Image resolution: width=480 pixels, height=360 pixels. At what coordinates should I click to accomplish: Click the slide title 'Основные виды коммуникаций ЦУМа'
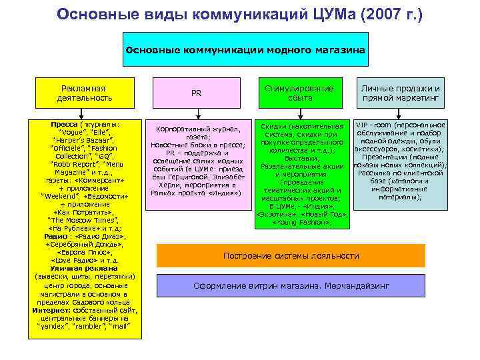coord(200,14)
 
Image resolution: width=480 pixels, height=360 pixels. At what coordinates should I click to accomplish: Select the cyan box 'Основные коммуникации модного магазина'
coord(245,49)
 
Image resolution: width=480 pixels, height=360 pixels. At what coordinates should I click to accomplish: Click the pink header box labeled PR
coord(196,93)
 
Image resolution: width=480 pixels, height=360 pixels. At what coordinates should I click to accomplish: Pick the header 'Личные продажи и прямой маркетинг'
coord(401,93)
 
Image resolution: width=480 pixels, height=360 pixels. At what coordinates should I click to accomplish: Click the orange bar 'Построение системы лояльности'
coord(291,256)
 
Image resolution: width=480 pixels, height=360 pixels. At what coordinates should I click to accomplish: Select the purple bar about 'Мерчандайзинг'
coord(291,285)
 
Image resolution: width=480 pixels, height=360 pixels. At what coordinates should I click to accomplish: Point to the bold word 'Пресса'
coord(64,125)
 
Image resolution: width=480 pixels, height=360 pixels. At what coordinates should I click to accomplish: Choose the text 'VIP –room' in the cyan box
coord(373,125)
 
